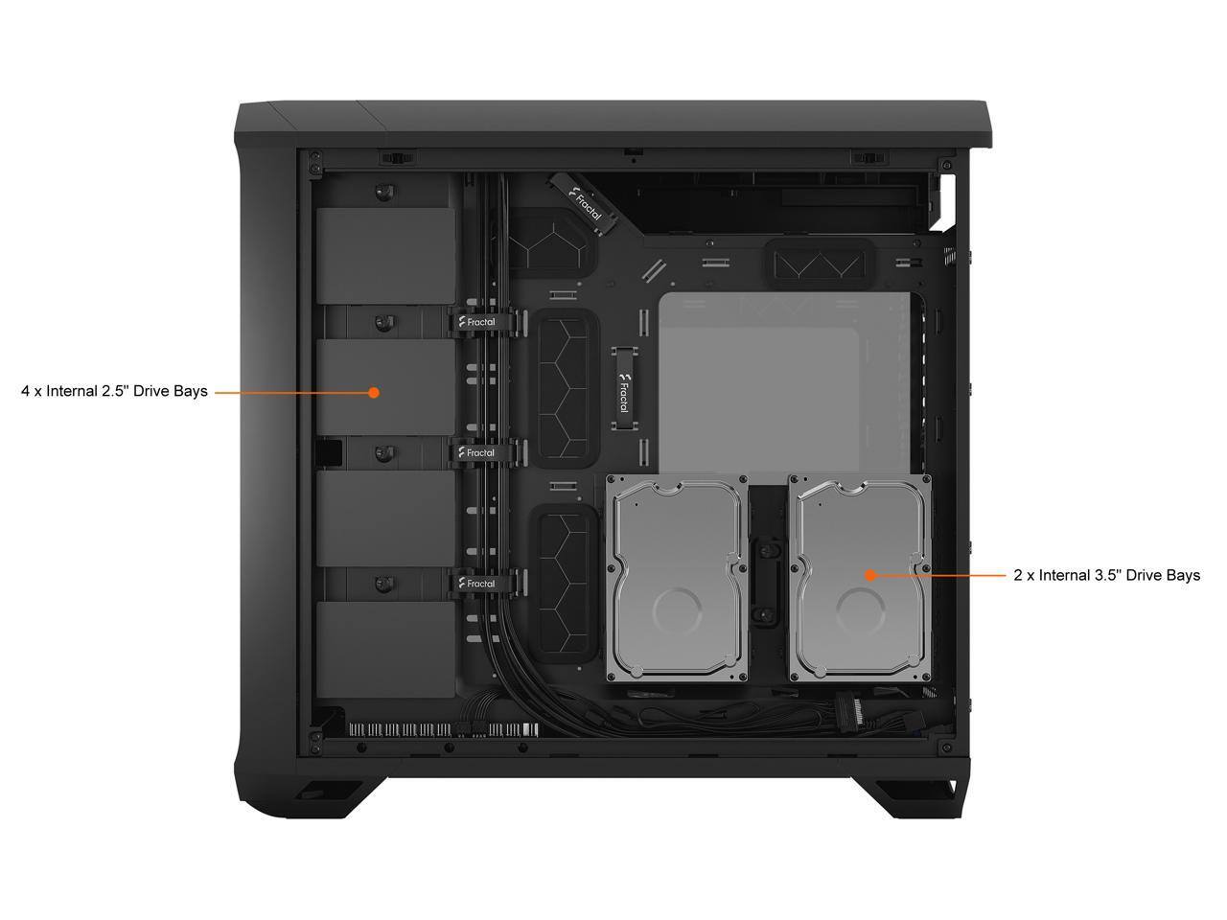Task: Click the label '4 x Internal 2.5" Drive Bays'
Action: [x=114, y=391]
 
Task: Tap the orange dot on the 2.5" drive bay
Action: [x=374, y=392]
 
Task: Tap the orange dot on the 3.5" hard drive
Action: [x=869, y=575]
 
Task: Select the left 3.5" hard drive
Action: [x=677, y=578]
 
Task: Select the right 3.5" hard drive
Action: [x=859, y=578]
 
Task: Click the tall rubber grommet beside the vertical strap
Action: [x=566, y=387]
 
